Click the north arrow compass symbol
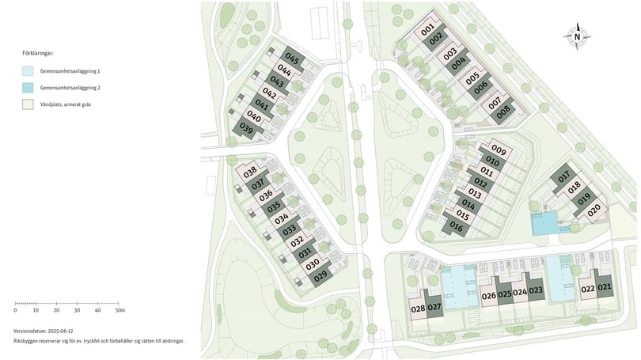578,36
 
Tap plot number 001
428,31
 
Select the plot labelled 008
503,113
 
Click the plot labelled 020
595,210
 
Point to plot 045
292,59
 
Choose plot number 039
246,130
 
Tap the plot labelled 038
250,172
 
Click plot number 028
418,309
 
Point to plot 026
488,296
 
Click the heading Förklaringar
38,54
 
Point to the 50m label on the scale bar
119,310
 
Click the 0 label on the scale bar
16,310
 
